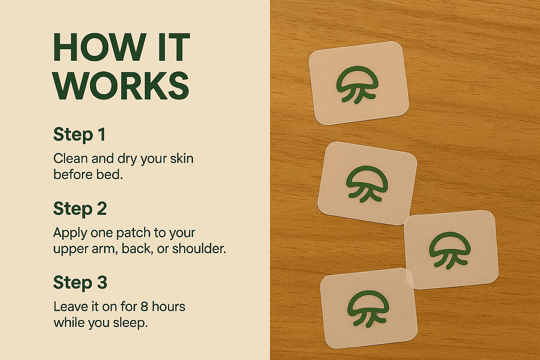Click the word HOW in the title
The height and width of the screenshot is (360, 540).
[x=99, y=47]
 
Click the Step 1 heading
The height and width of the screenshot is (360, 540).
[x=79, y=134]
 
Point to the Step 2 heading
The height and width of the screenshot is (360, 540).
[x=80, y=208]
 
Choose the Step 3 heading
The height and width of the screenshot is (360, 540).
[x=80, y=282]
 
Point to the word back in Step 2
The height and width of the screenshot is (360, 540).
[x=136, y=249]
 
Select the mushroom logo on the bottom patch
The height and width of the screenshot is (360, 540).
[x=368, y=309]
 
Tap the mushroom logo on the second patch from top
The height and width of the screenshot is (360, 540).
[x=367, y=184]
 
